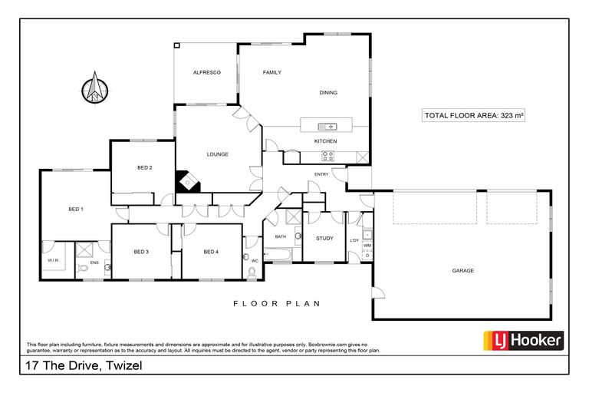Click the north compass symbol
click(95, 88)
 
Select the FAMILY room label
click(271, 72)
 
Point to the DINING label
click(328, 93)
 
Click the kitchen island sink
click(327, 126)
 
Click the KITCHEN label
click(325, 141)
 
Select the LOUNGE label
click(217, 154)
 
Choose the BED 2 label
click(144, 167)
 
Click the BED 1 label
click(75, 209)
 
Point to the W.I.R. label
click(53, 259)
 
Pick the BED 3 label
click(140, 252)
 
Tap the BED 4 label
click(211, 252)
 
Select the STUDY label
click(324, 238)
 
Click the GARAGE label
click(462, 270)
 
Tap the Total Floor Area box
click(473, 116)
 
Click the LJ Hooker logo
click(522, 341)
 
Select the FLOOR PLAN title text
click(276, 304)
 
